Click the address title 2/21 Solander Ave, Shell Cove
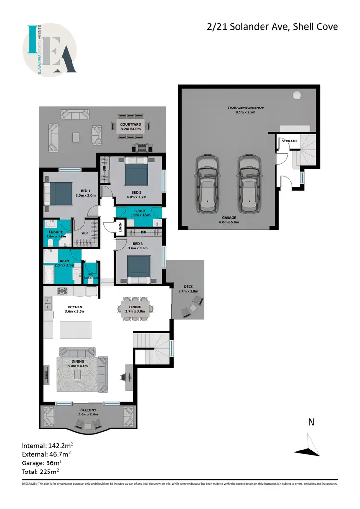coord(271,26)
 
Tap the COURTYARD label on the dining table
coord(130,126)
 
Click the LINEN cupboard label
coord(120,228)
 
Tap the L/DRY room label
coord(140,213)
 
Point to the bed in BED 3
coord(139,266)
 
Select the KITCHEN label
coord(74,309)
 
